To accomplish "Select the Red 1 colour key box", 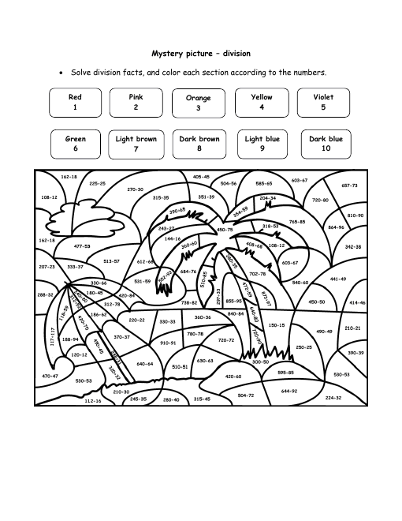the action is tap(75, 102).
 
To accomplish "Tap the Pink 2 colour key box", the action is tap(136, 102).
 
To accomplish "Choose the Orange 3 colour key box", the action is tap(199, 103).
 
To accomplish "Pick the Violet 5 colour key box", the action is tap(323, 102).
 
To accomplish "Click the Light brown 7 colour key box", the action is tap(136, 143).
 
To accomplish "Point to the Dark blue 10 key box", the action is tap(326, 143).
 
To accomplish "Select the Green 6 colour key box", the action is tap(75, 143).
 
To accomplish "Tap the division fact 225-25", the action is tap(97, 182).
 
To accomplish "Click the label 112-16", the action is tap(92, 400).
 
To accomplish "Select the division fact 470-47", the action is tap(50, 376).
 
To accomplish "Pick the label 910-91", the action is tap(168, 343).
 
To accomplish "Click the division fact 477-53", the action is tap(82, 246).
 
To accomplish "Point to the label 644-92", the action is tap(289, 390).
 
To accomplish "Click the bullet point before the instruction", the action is tap(61, 73).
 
